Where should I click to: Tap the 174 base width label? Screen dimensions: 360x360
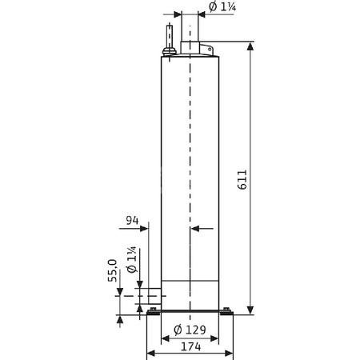click(x=190, y=347)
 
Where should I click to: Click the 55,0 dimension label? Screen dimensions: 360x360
click(x=113, y=272)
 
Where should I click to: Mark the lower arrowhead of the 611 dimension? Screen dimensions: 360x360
click(x=251, y=310)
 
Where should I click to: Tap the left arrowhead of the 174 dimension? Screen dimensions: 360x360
click(x=150, y=338)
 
